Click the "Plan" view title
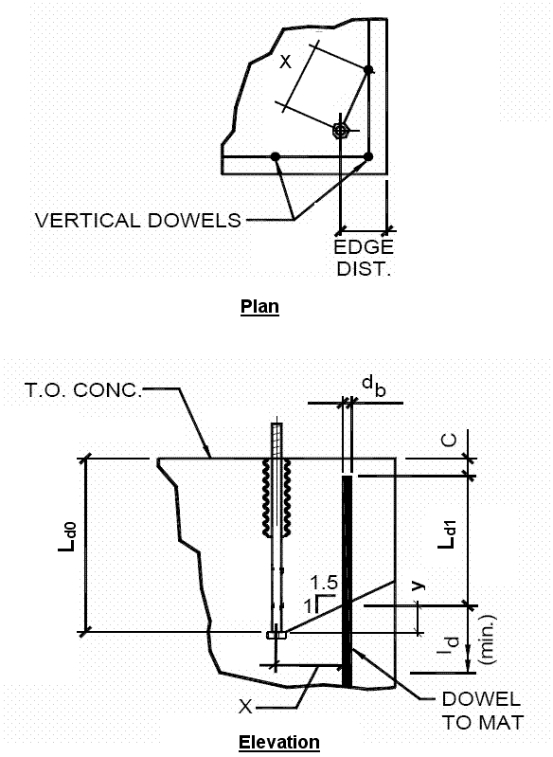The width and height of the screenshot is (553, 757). [259, 307]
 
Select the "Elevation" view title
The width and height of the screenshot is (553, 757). [279, 742]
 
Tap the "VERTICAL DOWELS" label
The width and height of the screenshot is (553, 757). [138, 220]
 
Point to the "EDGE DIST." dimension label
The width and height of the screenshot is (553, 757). [364, 258]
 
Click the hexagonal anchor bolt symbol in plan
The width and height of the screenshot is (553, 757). [341, 130]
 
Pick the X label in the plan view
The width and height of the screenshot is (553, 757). [286, 62]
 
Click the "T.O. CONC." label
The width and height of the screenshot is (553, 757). [83, 390]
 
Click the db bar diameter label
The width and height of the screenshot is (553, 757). [374, 386]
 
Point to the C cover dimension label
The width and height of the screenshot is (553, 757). [449, 441]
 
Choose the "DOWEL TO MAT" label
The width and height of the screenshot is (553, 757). [483, 711]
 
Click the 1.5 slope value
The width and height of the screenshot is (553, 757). [324, 583]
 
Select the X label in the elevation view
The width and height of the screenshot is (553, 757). [245, 707]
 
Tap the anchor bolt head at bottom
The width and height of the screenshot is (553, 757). [276, 635]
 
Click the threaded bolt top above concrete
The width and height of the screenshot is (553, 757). [277, 441]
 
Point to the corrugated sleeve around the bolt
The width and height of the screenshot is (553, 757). [277, 497]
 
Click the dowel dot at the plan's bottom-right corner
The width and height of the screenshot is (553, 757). [368, 156]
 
